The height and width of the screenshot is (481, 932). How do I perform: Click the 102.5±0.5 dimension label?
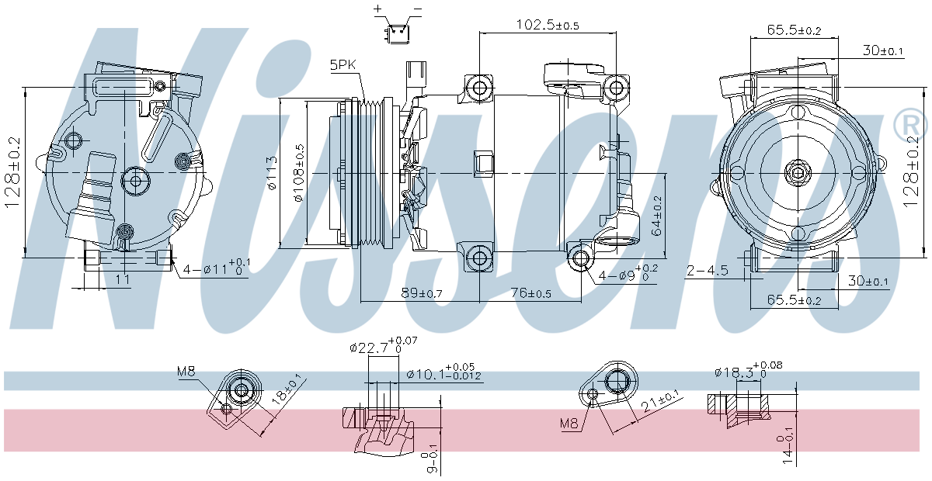point(548,24)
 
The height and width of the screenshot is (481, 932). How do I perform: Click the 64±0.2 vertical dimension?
point(656,216)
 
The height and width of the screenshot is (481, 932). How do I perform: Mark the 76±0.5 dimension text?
point(530,292)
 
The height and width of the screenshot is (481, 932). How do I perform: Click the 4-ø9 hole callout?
point(628,275)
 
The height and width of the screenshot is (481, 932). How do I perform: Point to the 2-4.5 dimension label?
point(707,270)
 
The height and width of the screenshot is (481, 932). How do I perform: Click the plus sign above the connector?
point(378,9)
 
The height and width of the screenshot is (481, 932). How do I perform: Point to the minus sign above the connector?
point(417,9)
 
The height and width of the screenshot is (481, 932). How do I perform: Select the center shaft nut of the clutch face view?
point(798,171)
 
